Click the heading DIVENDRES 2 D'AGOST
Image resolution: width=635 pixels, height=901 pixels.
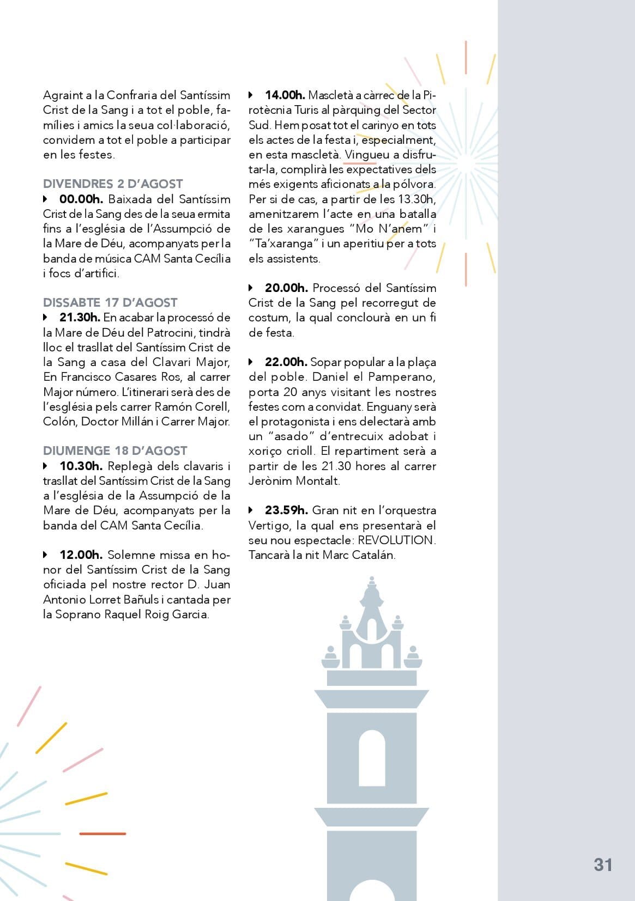tap(113, 184)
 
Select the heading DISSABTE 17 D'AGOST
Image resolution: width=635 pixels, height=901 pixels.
tap(110, 303)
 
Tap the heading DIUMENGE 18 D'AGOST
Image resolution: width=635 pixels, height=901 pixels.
tap(115, 451)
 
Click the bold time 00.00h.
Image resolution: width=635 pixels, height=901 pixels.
tap(81, 199)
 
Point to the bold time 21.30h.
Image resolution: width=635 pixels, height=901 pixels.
tap(80, 318)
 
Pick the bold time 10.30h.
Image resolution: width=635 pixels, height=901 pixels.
tap(81, 466)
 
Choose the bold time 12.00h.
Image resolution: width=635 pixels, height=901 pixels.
tap(81, 555)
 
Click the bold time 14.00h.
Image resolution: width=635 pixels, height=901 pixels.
tap(285, 95)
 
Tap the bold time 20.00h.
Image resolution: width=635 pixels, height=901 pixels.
tap(286, 288)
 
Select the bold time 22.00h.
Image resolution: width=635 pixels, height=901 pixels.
tap(286, 362)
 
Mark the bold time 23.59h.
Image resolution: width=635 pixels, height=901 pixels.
tap(286, 510)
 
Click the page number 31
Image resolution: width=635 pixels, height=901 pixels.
tap(603, 865)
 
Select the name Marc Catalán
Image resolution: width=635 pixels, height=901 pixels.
tap(358, 555)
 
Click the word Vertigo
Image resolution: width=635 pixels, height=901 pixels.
tap(270, 526)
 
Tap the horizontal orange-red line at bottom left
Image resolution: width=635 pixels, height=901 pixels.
tap(102, 833)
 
